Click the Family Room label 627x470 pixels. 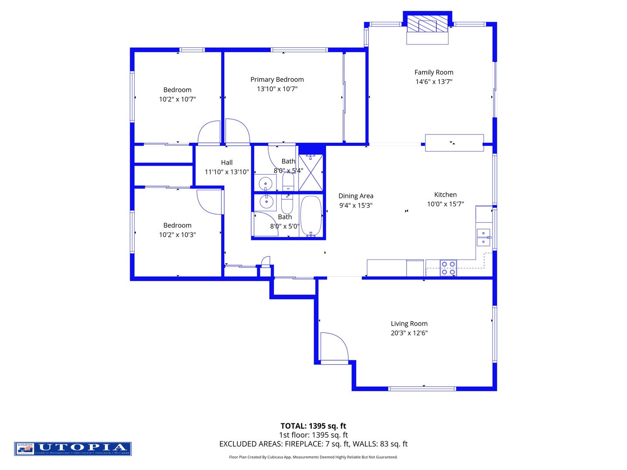click(434, 72)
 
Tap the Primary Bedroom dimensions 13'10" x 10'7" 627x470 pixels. click(277, 89)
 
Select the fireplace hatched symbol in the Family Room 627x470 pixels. click(427, 26)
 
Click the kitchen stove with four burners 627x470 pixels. click(448, 268)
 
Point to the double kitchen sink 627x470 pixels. click(483, 238)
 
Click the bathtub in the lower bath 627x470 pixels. click(311, 216)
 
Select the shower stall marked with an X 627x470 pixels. click(311, 173)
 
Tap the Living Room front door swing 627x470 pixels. click(334, 347)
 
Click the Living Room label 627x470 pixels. click(409, 323)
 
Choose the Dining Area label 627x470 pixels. click(356, 196)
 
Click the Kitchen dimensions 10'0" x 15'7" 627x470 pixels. click(445, 204)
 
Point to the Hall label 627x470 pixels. click(226, 162)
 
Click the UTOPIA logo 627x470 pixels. click(73, 449)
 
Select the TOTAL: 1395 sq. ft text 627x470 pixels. click(313, 426)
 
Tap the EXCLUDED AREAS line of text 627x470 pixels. click(313, 444)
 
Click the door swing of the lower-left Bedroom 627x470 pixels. click(210, 201)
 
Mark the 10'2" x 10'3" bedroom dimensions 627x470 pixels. click(177, 235)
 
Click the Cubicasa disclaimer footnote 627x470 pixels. click(313, 457)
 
